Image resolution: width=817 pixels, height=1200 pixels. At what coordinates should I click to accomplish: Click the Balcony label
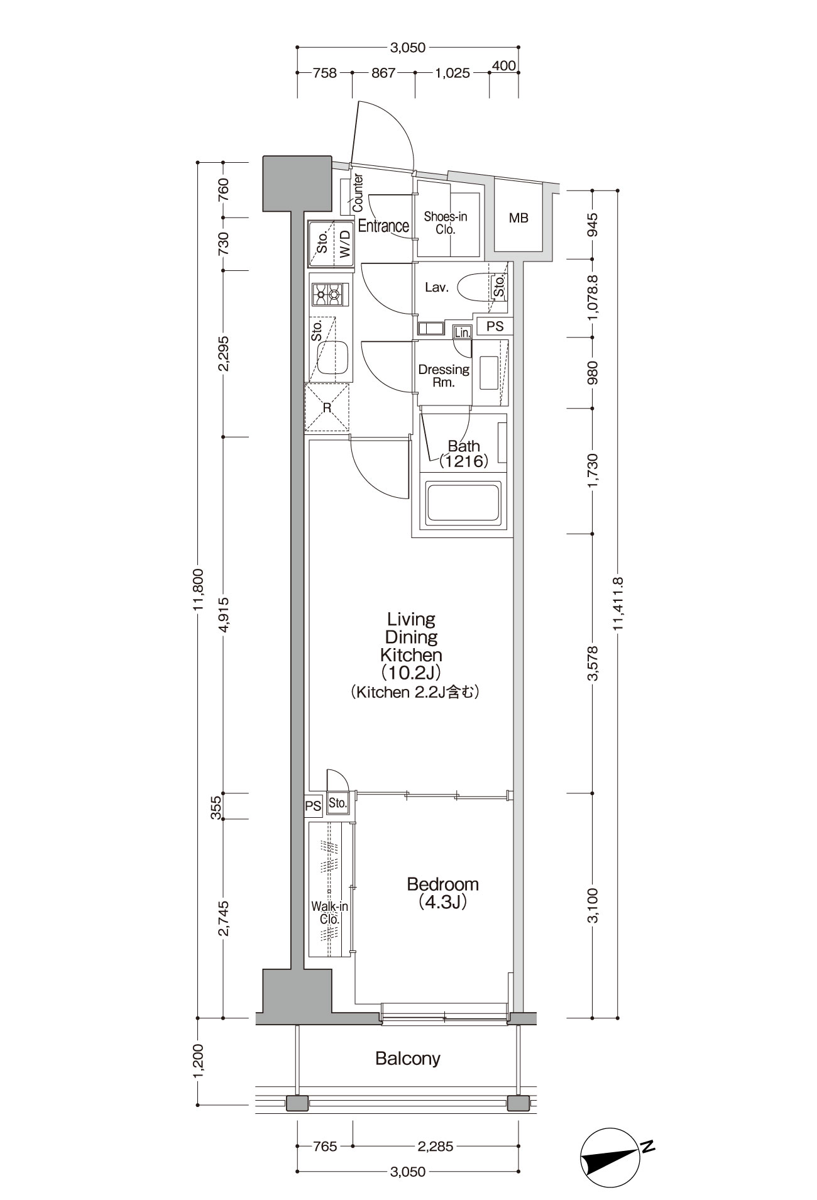tap(408, 1059)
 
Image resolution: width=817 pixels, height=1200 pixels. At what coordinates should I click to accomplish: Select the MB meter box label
tap(518, 218)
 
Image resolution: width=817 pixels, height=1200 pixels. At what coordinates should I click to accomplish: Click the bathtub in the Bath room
tap(464, 502)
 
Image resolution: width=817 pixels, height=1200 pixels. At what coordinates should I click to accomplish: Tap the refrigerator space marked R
tap(327, 407)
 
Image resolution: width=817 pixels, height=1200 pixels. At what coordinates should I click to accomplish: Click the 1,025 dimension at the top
tap(452, 73)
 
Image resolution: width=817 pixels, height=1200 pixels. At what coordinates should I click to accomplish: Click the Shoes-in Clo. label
tap(446, 223)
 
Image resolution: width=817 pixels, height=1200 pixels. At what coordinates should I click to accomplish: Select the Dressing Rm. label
tap(444, 376)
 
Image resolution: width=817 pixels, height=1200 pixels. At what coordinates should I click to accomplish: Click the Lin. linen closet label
tap(463, 333)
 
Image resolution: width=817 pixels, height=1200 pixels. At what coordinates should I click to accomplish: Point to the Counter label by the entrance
tap(358, 192)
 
